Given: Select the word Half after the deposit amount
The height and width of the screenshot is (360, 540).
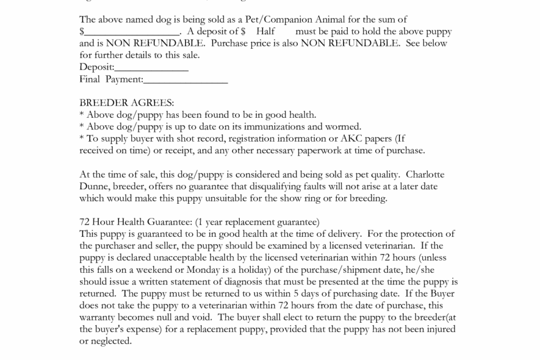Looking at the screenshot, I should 265,31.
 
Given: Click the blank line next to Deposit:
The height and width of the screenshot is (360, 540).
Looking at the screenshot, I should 152,67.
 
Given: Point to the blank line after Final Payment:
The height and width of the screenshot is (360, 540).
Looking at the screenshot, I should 185,79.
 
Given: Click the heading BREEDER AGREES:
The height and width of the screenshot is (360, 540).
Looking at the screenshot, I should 127,103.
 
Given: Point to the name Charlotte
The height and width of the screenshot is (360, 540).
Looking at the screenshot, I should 426,174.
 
